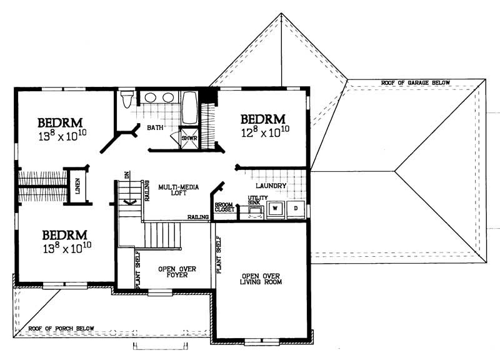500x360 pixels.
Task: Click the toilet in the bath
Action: coord(127,99)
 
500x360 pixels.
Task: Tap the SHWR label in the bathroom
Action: coord(189,138)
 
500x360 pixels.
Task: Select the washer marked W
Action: coord(275,209)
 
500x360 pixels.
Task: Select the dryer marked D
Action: coord(296,209)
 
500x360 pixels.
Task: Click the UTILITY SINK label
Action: coord(257,200)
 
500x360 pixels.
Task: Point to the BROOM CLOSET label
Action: coord(224,207)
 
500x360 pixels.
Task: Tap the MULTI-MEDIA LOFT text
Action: coord(175,190)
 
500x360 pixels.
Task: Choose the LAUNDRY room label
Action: coord(271,186)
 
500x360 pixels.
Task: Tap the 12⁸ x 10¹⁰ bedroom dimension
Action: coord(264,132)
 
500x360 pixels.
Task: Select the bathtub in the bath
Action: coord(189,109)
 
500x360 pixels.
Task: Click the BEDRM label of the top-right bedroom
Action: coord(263,118)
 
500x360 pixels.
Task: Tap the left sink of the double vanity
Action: coord(151,98)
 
